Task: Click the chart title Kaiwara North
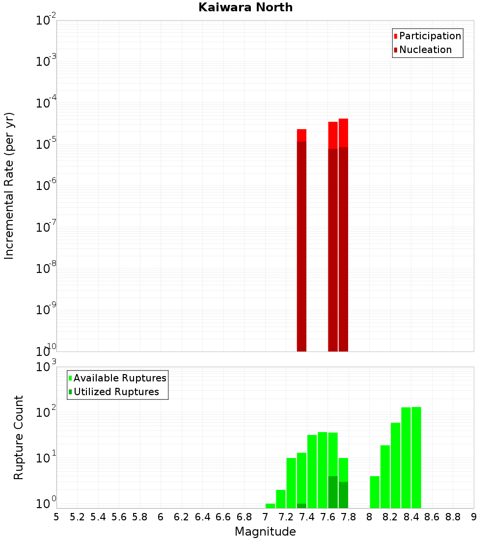click(245, 7)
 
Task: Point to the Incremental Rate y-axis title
click(9, 186)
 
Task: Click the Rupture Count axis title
click(19, 437)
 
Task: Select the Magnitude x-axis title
click(265, 532)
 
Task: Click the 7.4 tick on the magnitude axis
click(307, 516)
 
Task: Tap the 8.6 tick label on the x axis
click(432, 516)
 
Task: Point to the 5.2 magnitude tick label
click(77, 516)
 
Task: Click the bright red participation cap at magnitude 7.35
click(301, 135)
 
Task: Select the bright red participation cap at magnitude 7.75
click(343, 133)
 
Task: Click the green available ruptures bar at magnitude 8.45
click(416, 457)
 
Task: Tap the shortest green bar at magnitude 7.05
click(270, 506)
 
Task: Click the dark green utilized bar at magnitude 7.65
click(333, 492)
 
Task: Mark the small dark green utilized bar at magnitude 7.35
click(301, 506)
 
